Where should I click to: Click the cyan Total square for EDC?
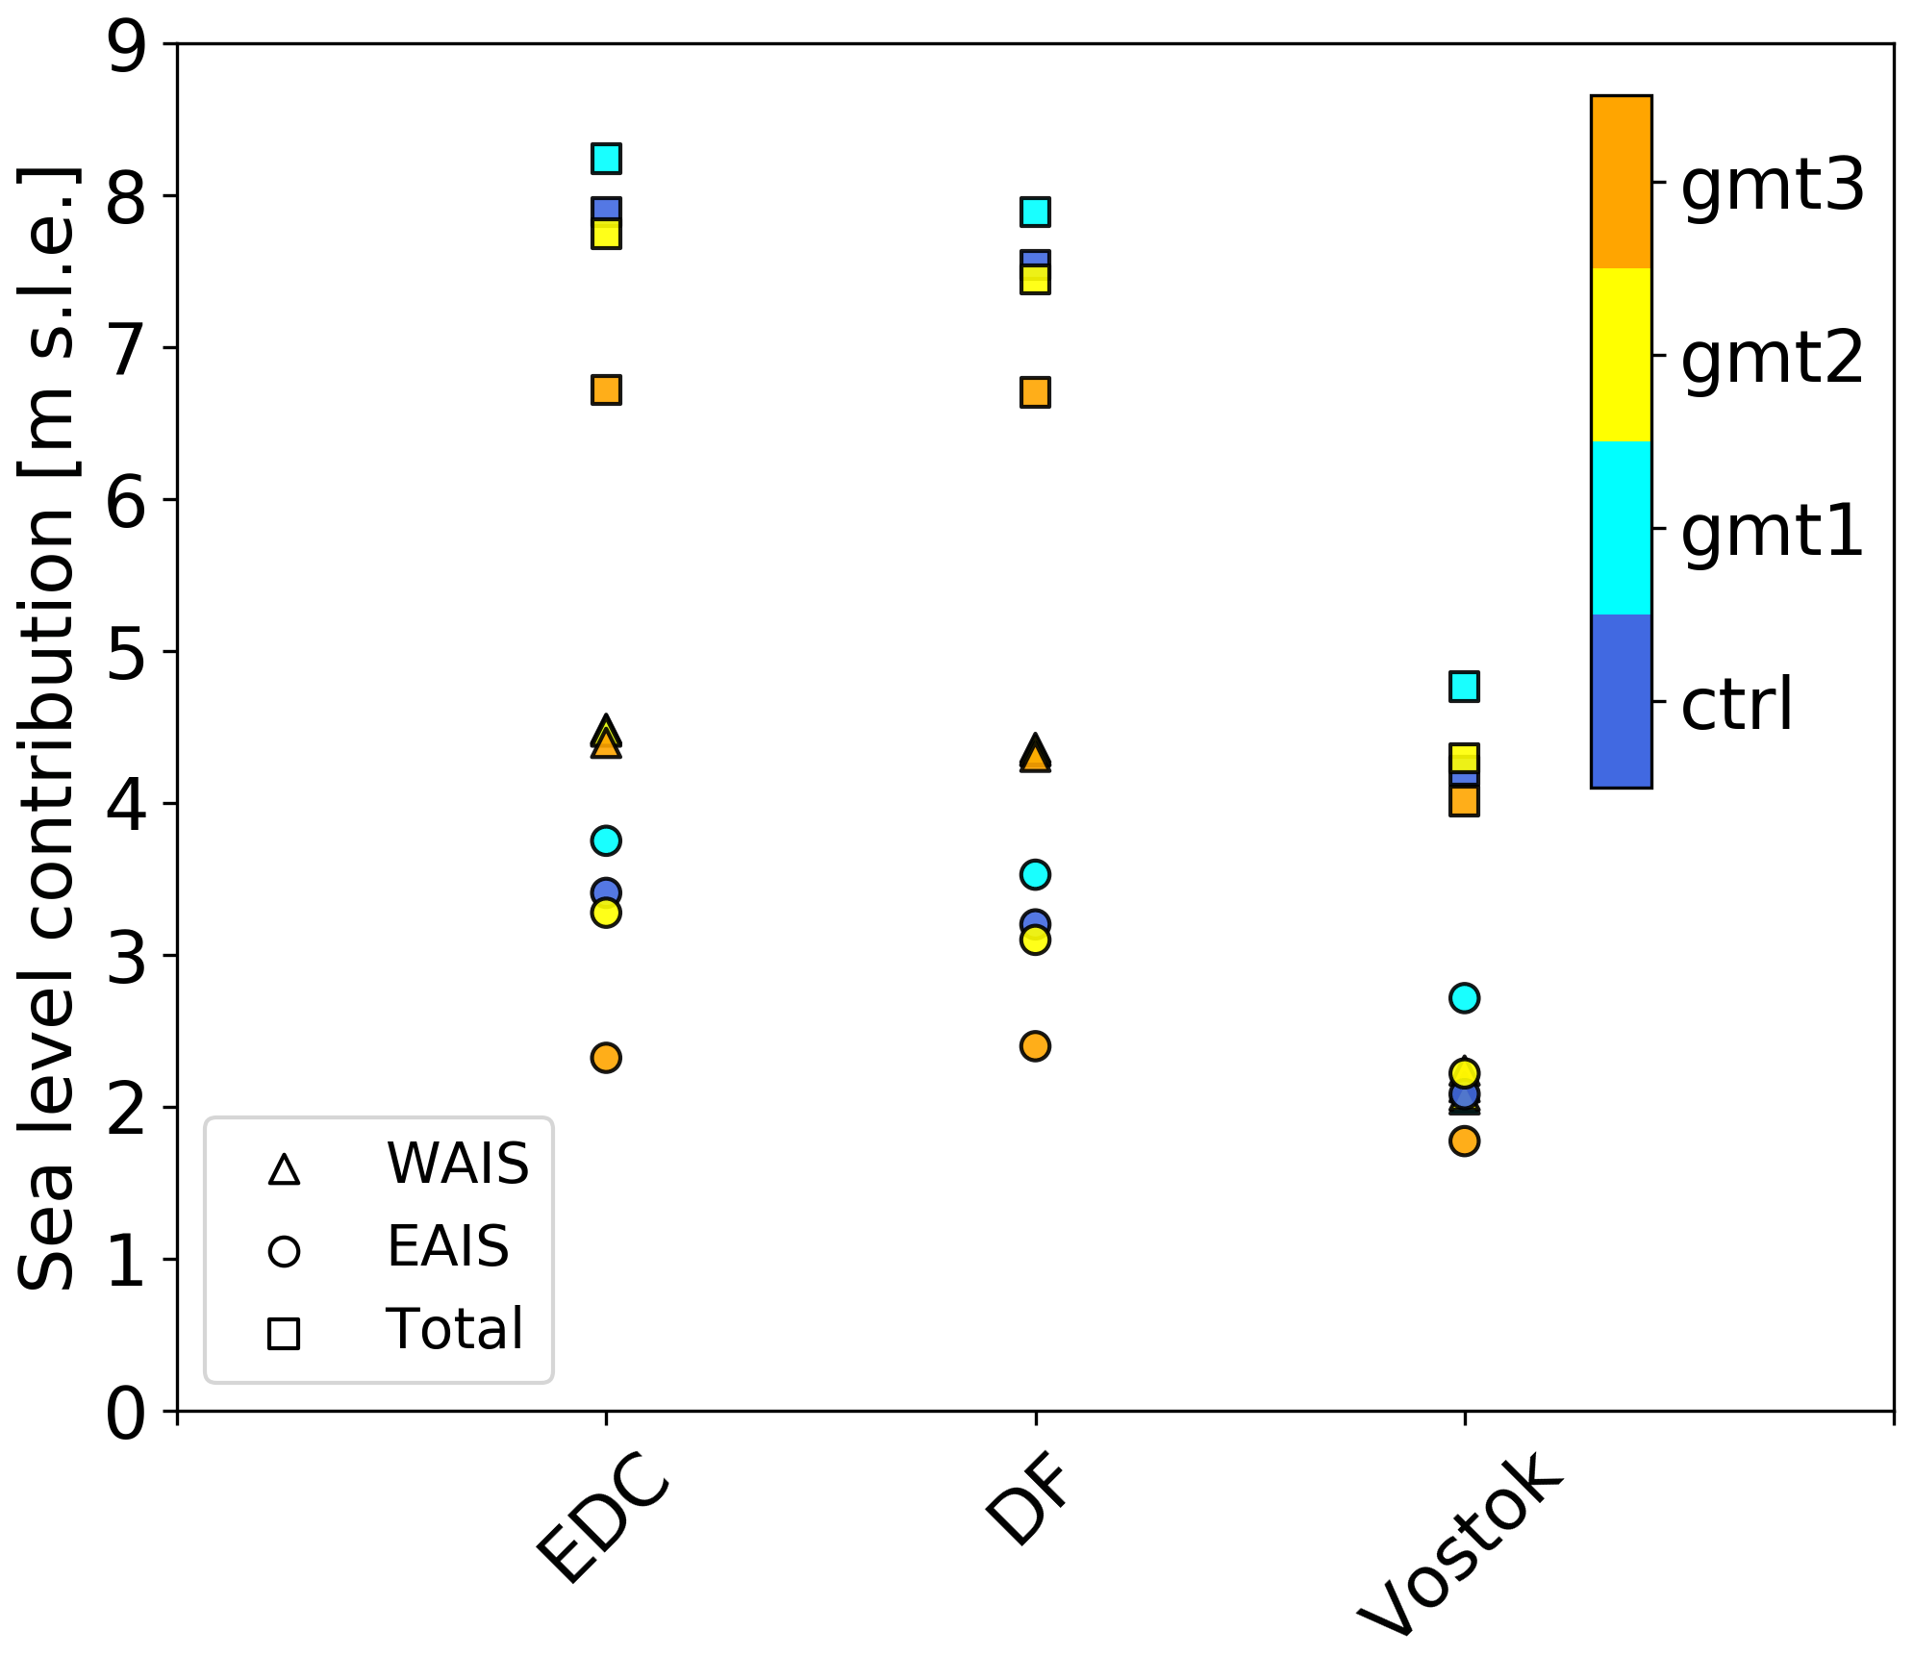(606, 158)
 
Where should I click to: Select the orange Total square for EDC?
(606, 389)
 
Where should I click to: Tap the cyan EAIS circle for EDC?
(606, 840)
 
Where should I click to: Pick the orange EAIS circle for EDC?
(606, 1058)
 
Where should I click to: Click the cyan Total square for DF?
(1035, 212)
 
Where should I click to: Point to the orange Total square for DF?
(1035, 392)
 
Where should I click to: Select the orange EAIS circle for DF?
(1035, 1046)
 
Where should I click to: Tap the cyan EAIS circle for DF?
(1035, 875)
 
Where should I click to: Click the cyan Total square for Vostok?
(1464, 687)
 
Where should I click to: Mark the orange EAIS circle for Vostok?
(1464, 1141)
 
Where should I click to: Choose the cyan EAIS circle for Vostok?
(1464, 998)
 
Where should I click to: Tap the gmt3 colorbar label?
(1772, 185)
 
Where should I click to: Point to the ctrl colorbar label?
(1737, 704)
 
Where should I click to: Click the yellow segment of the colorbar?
(1622, 355)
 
